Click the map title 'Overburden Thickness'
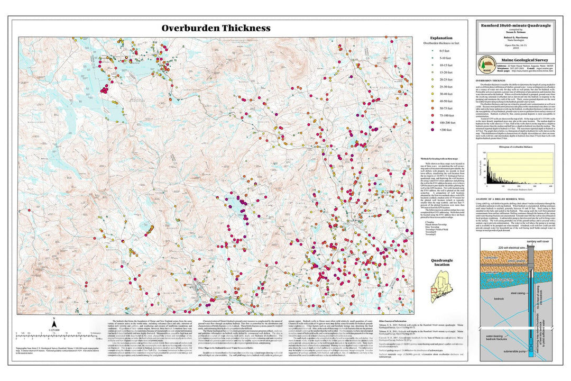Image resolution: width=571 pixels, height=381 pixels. [x=216, y=28]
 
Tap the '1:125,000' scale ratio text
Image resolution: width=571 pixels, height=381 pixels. [x=53, y=330]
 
